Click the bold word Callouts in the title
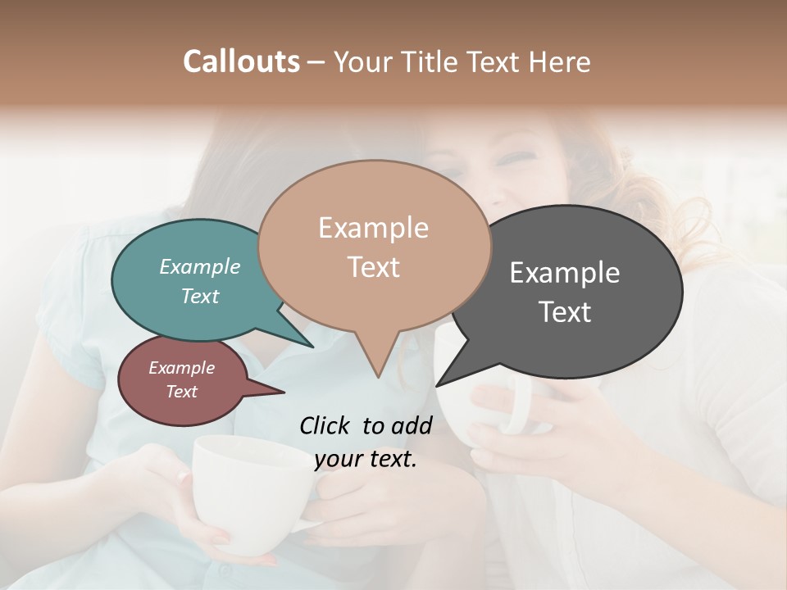241,61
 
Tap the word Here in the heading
561,62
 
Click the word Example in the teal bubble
200,266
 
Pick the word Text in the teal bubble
200,296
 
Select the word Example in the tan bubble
373,228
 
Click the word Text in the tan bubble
373,267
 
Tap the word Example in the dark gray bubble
565,273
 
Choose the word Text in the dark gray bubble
565,312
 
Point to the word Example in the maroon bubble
182,368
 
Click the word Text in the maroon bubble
182,392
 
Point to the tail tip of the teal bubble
312,345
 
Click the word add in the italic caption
412,425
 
